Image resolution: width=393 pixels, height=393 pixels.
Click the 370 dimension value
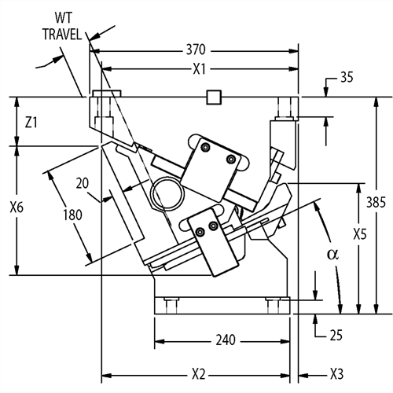(x=196, y=50)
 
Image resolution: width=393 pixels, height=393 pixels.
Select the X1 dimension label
(x=200, y=69)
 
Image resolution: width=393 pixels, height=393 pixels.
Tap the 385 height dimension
(x=376, y=202)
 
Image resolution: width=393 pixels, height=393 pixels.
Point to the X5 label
(x=360, y=234)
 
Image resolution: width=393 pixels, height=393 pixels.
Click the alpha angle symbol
(x=332, y=254)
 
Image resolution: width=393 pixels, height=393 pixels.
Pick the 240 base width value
(x=226, y=340)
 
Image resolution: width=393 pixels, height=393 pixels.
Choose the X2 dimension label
(x=199, y=374)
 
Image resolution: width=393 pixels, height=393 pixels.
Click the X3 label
(x=336, y=374)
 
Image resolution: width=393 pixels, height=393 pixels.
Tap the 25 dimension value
(x=336, y=335)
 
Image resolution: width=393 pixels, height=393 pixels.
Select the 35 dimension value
(x=347, y=77)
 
